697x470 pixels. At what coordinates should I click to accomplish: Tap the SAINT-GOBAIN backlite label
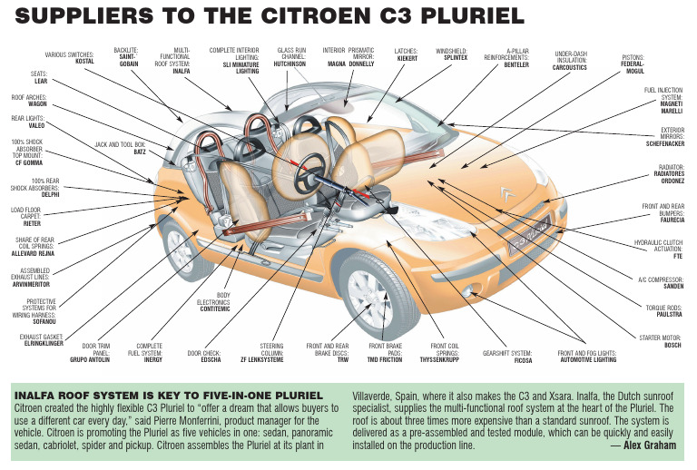[126, 60]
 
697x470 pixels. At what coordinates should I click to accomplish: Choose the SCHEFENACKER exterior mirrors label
[658, 143]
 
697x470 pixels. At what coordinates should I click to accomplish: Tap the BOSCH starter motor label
[672, 345]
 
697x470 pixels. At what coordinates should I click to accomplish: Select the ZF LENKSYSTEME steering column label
[271, 359]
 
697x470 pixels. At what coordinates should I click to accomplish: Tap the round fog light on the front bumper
[471, 292]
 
